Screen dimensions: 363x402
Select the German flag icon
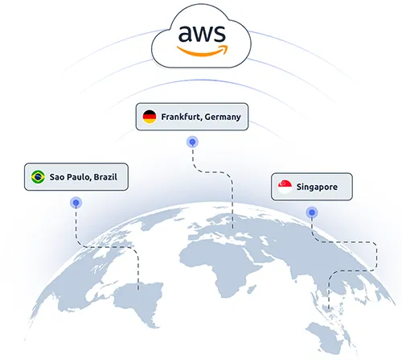150,118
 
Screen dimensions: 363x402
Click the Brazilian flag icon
37,176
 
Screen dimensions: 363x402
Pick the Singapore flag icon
284,187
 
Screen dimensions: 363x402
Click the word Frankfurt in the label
179,118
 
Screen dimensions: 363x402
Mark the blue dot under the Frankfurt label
191,142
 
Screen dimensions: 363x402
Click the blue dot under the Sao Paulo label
75,203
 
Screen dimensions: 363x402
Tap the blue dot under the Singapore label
310,213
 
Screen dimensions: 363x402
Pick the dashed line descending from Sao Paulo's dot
105,245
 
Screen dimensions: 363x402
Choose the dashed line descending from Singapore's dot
346,242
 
